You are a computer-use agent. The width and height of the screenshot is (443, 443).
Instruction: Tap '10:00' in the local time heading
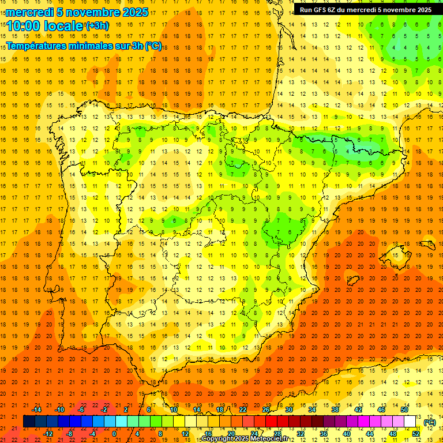[24, 25]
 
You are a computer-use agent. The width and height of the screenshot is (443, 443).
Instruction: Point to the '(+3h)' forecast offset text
[96, 26]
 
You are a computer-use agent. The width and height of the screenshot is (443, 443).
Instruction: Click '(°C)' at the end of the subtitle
[153, 46]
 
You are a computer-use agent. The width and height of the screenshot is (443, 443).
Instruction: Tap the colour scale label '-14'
[37, 410]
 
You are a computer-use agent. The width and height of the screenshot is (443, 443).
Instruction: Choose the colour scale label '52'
[416, 434]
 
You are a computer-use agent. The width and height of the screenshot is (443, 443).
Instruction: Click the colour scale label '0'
[114, 434]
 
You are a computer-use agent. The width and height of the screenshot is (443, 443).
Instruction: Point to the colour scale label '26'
[266, 410]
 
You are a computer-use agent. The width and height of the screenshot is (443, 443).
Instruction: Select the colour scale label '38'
[335, 410]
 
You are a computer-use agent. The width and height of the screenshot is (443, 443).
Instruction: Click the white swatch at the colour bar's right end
[410, 421]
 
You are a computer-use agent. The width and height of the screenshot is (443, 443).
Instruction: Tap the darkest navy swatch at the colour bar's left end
[29, 421]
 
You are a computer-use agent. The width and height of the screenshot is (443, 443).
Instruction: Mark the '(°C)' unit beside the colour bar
[430, 423]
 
